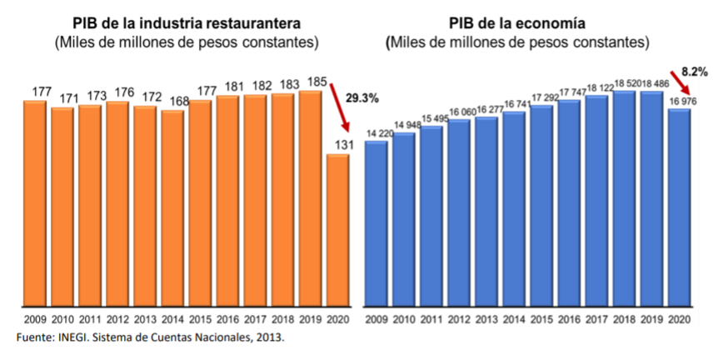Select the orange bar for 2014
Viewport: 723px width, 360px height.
[172, 208]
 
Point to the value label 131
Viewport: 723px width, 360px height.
[338, 143]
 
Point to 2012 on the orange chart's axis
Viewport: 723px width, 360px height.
[117, 319]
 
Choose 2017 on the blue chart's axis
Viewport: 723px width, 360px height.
[596, 319]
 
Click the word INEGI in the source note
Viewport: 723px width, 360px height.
[76, 337]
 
